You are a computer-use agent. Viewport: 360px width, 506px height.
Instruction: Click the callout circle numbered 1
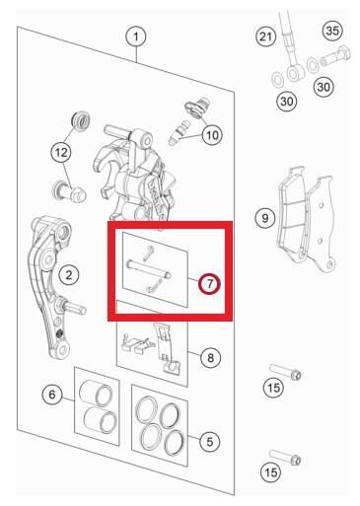pyautogui.click(x=136, y=36)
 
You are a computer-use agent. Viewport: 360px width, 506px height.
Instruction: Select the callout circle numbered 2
pyautogui.click(x=69, y=274)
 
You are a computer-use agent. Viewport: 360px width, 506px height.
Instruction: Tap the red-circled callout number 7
pyautogui.click(x=209, y=283)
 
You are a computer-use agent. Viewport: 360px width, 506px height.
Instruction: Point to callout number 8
pyautogui.click(x=210, y=357)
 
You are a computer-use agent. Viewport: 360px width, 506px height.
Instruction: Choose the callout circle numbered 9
pyautogui.click(x=265, y=218)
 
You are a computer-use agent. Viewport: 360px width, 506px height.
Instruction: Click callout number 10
pyautogui.click(x=212, y=135)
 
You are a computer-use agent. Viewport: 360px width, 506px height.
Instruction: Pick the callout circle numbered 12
pyautogui.click(x=61, y=152)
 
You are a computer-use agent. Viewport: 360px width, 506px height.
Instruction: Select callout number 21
pyautogui.click(x=265, y=36)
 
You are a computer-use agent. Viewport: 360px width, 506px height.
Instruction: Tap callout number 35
pyautogui.click(x=332, y=31)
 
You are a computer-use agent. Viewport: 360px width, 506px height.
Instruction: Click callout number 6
pyautogui.click(x=52, y=395)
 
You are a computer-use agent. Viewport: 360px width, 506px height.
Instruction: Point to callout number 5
pyautogui.click(x=210, y=442)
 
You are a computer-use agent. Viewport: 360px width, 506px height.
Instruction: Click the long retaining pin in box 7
pyautogui.click(x=149, y=268)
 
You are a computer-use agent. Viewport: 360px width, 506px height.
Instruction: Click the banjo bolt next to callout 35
pyautogui.click(x=335, y=56)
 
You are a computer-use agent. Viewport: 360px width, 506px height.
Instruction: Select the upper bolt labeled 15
pyautogui.click(x=285, y=372)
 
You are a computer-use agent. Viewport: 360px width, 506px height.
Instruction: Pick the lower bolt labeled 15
pyautogui.click(x=285, y=457)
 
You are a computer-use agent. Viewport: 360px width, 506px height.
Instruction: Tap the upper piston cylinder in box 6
pyautogui.click(x=97, y=393)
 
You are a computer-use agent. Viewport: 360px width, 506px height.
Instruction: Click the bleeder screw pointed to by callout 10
pyautogui.click(x=179, y=133)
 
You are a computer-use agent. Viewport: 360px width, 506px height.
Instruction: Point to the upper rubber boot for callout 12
pyautogui.click(x=81, y=120)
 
